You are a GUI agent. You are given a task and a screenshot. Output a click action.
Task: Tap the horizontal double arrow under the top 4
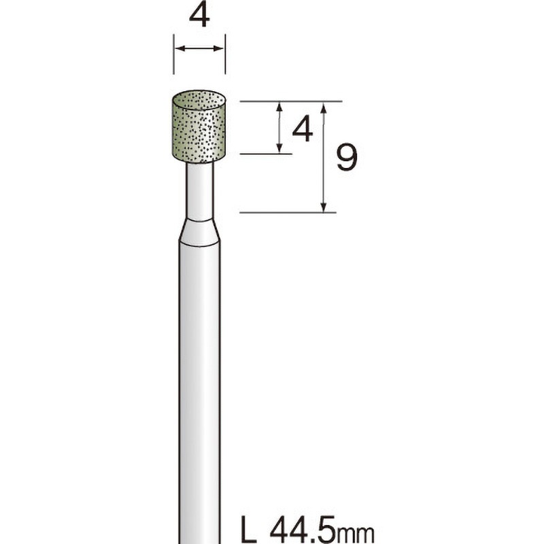coord(199,48)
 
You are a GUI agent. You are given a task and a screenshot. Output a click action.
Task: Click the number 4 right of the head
coord(302,129)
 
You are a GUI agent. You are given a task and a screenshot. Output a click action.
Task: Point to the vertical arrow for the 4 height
coord(279,128)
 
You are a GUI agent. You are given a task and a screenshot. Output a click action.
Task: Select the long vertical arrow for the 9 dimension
coord(325,156)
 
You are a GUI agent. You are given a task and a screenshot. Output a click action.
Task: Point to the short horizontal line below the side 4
coord(266,154)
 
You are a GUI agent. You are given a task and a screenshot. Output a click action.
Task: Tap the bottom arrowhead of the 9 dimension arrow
coord(325,207)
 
